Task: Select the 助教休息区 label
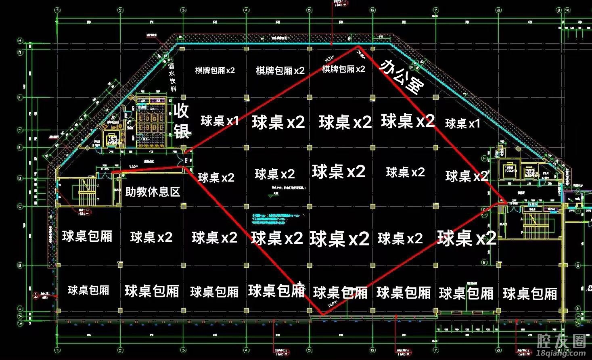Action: (x=153, y=192)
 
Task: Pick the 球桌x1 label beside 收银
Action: (x=220, y=120)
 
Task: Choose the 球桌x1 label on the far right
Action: (x=462, y=123)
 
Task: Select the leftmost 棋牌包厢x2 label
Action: (x=215, y=70)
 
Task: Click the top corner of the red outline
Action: (x=358, y=46)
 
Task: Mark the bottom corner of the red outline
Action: (x=322, y=314)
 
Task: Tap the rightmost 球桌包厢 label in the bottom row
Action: (x=530, y=293)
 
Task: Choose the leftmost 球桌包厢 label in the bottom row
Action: (x=88, y=290)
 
